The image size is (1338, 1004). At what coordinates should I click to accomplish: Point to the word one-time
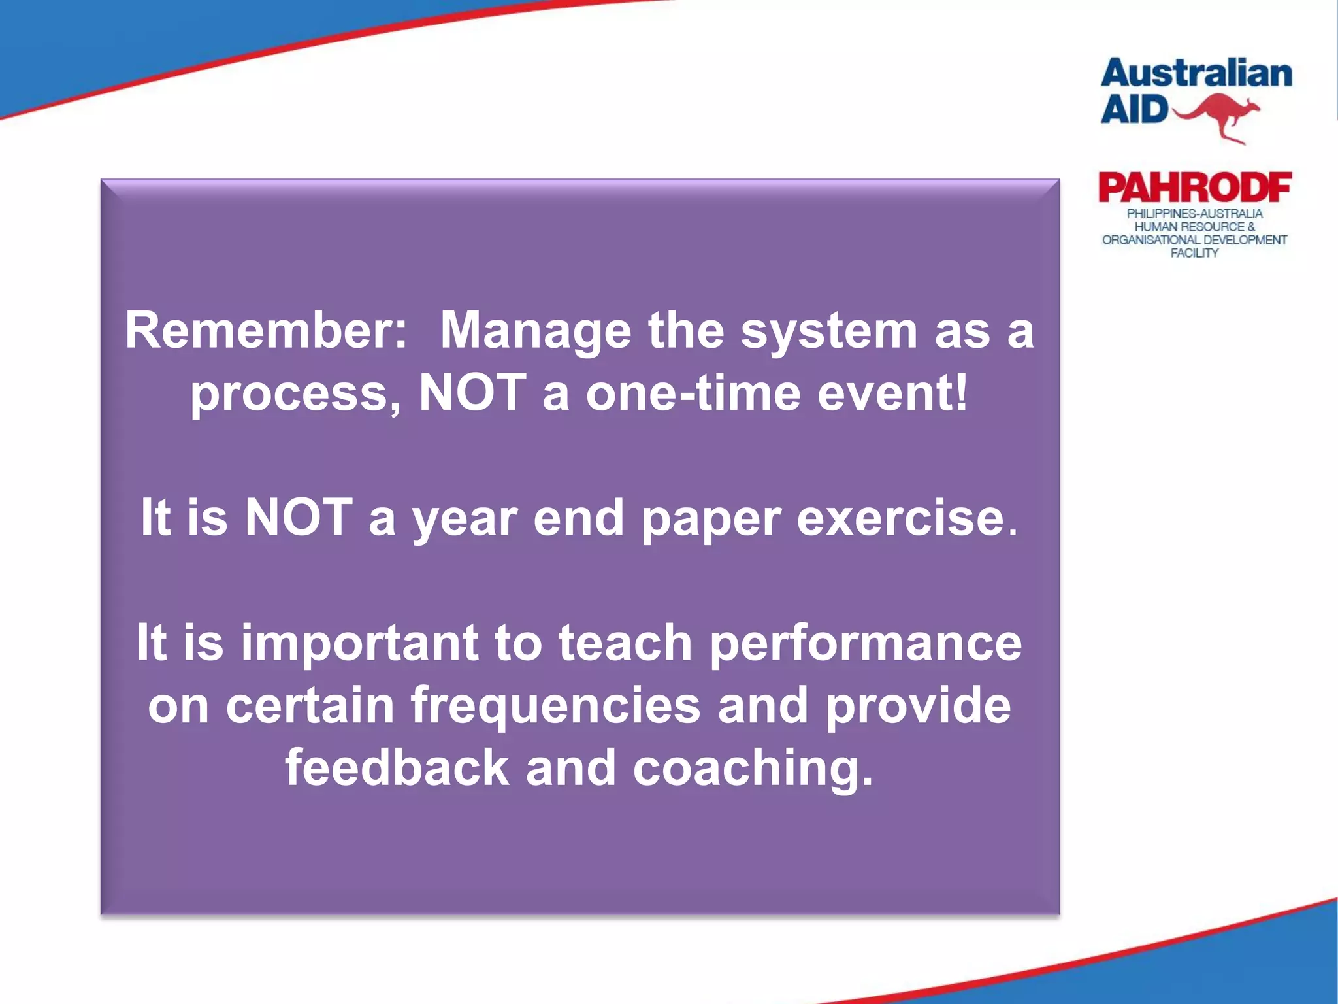click(x=693, y=394)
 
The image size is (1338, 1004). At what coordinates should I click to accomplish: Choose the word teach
click(x=625, y=644)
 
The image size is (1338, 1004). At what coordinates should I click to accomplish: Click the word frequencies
click(x=555, y=707)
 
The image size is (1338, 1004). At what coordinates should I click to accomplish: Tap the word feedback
click(x=397, y=768)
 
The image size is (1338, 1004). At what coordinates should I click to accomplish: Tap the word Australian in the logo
click(x=1196, y=74)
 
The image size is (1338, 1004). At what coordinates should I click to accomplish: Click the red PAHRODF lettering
click(x=1195, y=188)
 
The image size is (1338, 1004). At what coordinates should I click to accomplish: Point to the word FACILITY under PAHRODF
click(x=1194, y=254)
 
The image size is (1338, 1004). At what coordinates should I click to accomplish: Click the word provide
click(x=918, y=707)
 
